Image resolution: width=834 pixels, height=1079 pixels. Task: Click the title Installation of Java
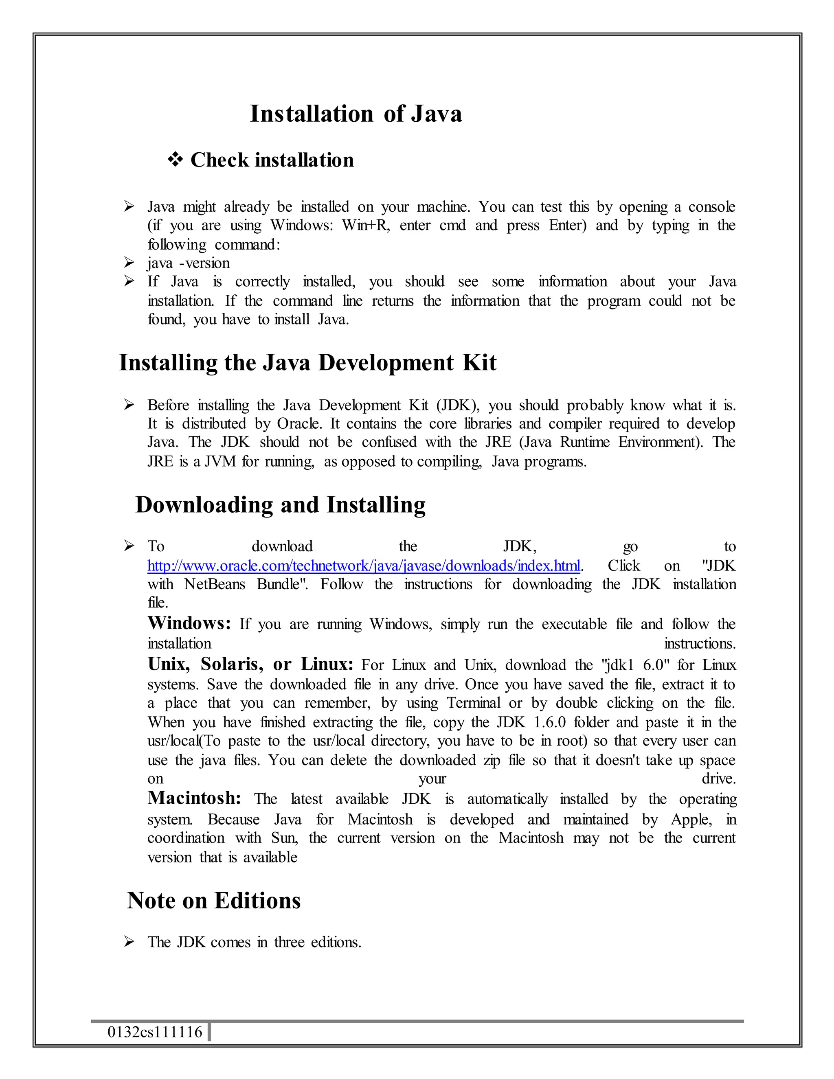[356, 114]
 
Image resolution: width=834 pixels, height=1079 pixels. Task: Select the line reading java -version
[189, 263]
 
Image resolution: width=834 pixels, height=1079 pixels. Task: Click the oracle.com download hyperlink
[364, 566]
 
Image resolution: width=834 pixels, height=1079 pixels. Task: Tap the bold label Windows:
[189, 623]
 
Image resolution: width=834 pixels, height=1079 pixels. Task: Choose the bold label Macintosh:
[194, 798]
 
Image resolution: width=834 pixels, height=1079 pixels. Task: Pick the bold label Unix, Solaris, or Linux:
[250, 664]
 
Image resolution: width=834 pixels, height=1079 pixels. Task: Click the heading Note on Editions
[213, 901]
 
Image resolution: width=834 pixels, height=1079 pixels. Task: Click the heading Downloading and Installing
[280, 505]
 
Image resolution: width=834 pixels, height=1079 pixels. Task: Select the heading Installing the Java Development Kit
[307, 363]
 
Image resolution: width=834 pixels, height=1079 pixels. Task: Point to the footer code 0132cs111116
[155, 1032]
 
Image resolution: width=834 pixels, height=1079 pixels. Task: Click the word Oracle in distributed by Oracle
[299, 424]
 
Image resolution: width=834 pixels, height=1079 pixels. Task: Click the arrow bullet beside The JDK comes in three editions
[129, 942]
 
